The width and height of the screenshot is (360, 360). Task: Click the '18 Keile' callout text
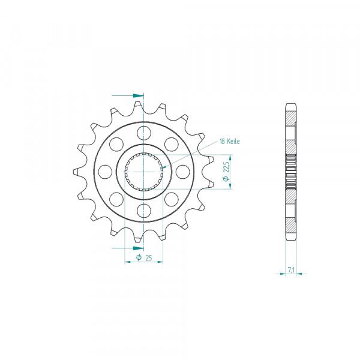[x=229, y=142]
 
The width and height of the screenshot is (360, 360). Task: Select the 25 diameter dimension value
[x=149, y=258]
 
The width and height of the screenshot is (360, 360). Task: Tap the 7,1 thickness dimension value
[x=291, y=270]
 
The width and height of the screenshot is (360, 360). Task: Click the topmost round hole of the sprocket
[x=144, y=133]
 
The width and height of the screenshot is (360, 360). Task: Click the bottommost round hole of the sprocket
[x=144, y=211]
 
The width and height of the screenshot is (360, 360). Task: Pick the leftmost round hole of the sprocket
[x=105, y=172]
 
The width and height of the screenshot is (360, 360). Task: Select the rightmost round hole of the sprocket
[x=183, y=172]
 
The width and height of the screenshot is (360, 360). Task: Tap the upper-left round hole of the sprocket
[x=116, y=144]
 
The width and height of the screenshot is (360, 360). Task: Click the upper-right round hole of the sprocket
[x=172, y=144]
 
